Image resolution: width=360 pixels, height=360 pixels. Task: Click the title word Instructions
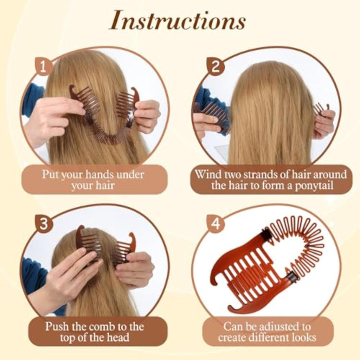point(177,21)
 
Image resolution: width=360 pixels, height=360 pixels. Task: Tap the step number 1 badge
point(43,66)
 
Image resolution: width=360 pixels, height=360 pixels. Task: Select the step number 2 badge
point(216,67)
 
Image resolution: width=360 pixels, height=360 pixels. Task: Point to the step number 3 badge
point(44,223)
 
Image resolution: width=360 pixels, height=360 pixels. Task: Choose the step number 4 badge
point(216,223)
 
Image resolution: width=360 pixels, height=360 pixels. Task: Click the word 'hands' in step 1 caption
point(100,174)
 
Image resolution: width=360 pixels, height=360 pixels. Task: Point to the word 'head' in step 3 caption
point(118,337)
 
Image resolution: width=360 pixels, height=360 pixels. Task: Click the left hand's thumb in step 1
point(73,108)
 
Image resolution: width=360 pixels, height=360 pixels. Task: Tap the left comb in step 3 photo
point(88,243)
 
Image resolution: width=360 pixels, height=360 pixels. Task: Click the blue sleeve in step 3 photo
point(34,276)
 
